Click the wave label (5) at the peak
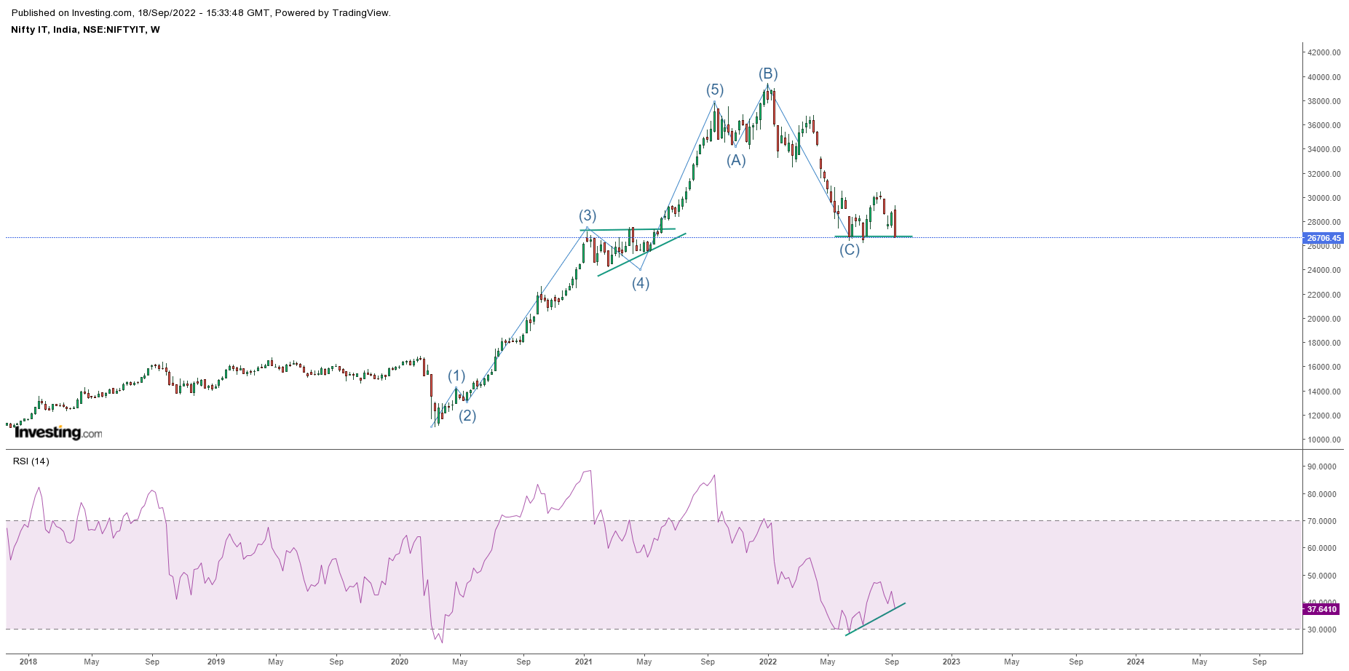click(x=714, y=90)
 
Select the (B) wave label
click(x=768, y=74)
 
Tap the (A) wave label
click(x=736, y=160)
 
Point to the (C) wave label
click(x=850, y=250)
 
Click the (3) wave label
click(x=588, y=215)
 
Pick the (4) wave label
click(x=641, y=283)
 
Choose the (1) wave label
click(x=456, y=376)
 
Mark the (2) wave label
click(x=467, y=416)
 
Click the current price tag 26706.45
click(x=1323, y=238)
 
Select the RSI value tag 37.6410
click(x=1321, y=609)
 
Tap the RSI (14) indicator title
click(x=31, y=461)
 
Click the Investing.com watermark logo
click(x=58, y=432)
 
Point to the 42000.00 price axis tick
click(x=1324, y=52)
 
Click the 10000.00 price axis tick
click(x=1324, y=440)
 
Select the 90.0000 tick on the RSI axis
click(x=1321, y=467)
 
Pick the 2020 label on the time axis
click(x=400, y=662)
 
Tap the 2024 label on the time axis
click(x=1135, y=662)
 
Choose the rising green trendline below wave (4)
click(x=641, y=255)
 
